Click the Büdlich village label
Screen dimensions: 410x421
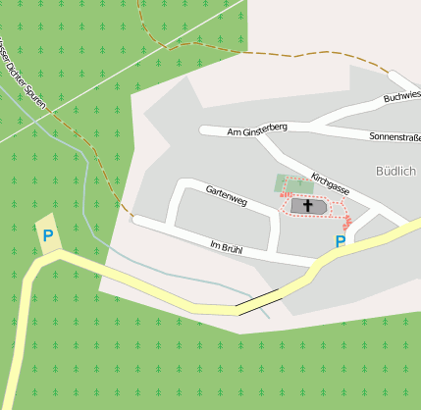point(395,171)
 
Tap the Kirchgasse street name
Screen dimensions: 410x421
point(330,182)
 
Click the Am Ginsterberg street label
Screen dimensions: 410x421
point(256,130)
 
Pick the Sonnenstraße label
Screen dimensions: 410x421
point(395,137)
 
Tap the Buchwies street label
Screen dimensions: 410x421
point(401,96)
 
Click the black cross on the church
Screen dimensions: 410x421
point(307,207)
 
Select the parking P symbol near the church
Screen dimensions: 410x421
point(341,241)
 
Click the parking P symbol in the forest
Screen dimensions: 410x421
point(47,235)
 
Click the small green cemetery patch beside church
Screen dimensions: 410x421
point(291,183)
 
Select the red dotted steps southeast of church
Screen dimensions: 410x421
point(347,227)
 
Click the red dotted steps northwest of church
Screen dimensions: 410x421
point(284,195)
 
